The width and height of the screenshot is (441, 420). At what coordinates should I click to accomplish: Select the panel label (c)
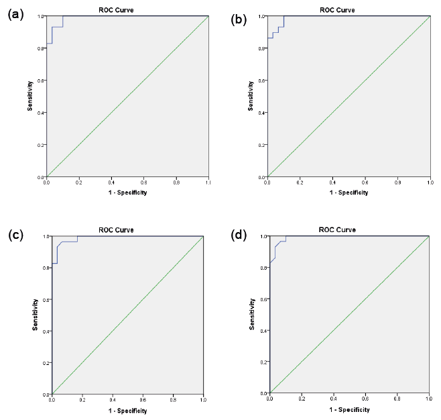click(15, 234)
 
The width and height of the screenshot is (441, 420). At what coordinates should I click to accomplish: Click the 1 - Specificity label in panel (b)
click(348, 193)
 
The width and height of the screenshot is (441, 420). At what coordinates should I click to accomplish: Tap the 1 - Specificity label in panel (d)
click(349, 409)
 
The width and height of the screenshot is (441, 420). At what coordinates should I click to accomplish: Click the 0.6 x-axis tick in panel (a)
click(143, 182)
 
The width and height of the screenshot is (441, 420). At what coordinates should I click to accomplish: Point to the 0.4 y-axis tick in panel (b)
click(262, 113)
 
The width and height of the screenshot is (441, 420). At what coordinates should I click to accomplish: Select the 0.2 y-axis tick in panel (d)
click(264, 362)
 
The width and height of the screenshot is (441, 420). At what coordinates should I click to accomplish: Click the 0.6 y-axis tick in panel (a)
click(42, 81)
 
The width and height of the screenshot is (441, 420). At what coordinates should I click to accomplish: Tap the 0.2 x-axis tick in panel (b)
click(300, 182)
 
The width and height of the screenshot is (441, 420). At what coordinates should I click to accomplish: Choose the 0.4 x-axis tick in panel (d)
click(333, 399)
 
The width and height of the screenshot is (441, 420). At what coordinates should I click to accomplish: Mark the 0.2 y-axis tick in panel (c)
click(46, 363)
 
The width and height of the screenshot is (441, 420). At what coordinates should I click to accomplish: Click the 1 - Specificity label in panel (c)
click(127, 411)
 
